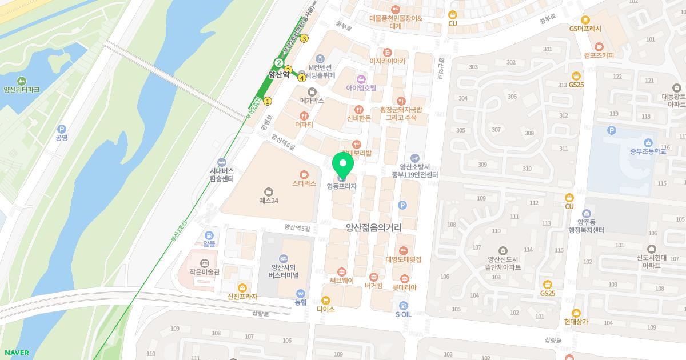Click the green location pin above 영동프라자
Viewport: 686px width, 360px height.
pyautogui.click(x=343, y=164)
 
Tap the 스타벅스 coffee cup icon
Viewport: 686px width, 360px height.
pyautogui.click(x=304, y=174)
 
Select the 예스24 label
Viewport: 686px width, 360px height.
pyautogui.click(x=268, y=201)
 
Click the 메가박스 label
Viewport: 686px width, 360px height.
pyautogui.click(x=312, y=100)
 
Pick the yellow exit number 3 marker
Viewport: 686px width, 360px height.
pyautogui.click(x=304, y=39)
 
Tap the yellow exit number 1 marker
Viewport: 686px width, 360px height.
pyautogui.click(x=268, y=101)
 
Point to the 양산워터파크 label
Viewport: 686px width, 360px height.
pyautogui.click(x=21, y=90)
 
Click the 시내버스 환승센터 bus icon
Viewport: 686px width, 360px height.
pyautogui.click(x=222, y=162)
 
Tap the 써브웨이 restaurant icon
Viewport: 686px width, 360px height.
pyautogui.click(x=342, y=271)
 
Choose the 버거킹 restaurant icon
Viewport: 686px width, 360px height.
pyautogui.click(x=374, y=277)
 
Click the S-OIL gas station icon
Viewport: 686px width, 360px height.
pyautogui.click(x=404, y=305)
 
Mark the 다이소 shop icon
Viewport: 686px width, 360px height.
pyautogui.click(x=326, y=300)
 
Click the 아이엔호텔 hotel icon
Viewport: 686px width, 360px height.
pyautogui.click(x=361, y=79)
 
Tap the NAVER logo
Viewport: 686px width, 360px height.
pyautogui.click(x=16, y=353)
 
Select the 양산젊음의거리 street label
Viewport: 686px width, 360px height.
pyautogui.click(x=373, y=227)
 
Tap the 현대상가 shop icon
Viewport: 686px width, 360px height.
pyautogui.click(x=576, y=313)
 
